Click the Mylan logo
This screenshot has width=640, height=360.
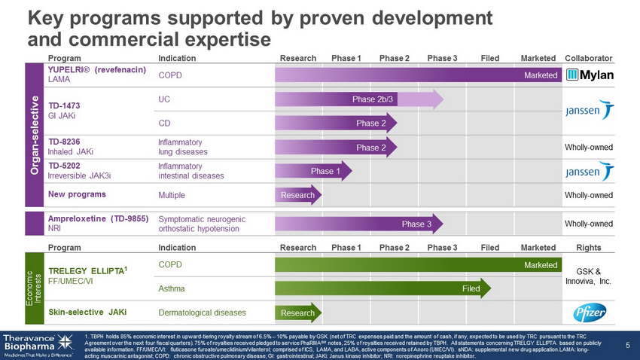pyautogui.click(x=590, y=75)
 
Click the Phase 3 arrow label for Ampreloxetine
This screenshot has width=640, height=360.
pyautogui.click(x=416, y=224)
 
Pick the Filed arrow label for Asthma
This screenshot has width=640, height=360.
pyautogui.click(x=471, y=288)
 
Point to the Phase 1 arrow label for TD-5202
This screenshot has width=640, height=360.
pyautogui.click(x=325, y=172)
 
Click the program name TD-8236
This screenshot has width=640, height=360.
pyautogui.click(x=64, y=141)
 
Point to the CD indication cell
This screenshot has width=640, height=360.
pyautogui.click(x=165, y=123)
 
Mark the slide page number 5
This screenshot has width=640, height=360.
pyautogui.click(x=627, y=346)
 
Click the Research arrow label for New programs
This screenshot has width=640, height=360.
pyautogui.click(x=297, y=196)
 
